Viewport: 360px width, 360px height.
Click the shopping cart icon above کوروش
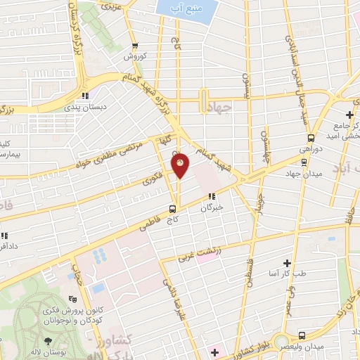[x=131, y=44]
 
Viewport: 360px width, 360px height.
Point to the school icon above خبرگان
[x=211, y=196]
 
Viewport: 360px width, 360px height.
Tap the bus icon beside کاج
[x=172, y=208]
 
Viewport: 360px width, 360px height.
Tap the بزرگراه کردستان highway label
[x=73, y=28]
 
